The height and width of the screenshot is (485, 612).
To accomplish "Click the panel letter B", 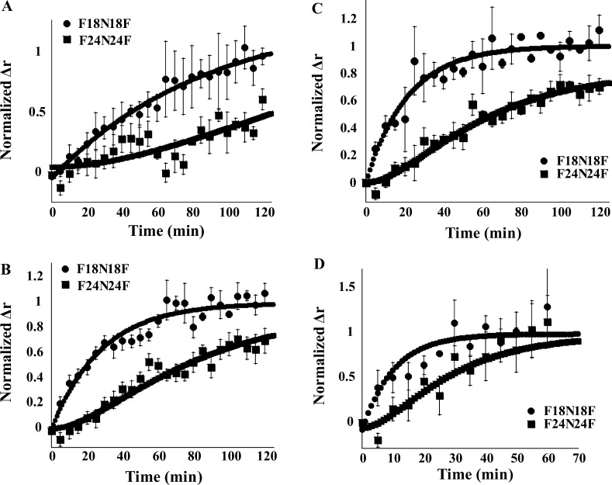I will (7, 251).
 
